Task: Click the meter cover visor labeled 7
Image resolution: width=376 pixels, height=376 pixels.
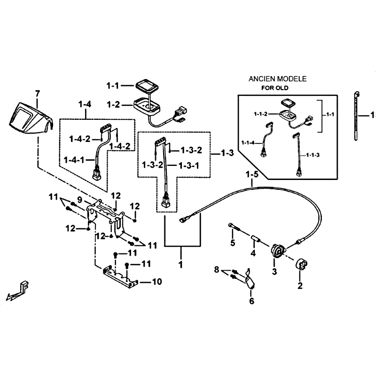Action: pyautogui.click(x=30, y=119)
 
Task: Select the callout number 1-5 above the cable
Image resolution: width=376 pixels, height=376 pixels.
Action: pyautogui.click(x=252, y=174)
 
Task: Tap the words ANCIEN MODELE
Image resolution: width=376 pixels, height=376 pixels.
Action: pyautogui.click(x=278, y=79)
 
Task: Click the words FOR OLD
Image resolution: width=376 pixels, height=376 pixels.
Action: pyautogui.click(x=275, y=88)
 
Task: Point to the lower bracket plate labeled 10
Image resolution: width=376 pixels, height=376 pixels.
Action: pyautogui.click(x=120, y=277)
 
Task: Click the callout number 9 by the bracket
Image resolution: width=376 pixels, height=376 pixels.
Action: pyautogui.click(x=80, y=199)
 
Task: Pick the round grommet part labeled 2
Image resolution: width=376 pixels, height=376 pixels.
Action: pyautogui.click(x=302, y=265)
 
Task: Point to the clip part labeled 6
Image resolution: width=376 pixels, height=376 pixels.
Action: pyautogui.click(x=250, y=279)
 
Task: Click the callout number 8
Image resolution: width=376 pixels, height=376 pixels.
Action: pyautogui.click(x=217, y=270)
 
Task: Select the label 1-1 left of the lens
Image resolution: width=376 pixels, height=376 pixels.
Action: pyautogui.click(x=112, y=86)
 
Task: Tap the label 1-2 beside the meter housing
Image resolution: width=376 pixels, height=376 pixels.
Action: pyautogui.click(x=113, y=105)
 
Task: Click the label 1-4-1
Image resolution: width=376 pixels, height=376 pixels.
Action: pyautogui.click(x=74, y=160)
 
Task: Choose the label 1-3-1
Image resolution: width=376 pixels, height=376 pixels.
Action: pyautogui.click(x=189, y=166)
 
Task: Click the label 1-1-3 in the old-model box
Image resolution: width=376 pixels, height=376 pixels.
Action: pyautogui.click(x=313, y=155)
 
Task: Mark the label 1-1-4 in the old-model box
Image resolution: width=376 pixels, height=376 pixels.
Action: pyautogui.click(x=248, y=143)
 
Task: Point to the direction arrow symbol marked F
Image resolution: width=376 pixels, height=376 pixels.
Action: pyautogui.click(x=17, y=291)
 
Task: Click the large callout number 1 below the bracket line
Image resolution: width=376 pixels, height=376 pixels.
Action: pyautogui.click(x=180, y=265)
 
